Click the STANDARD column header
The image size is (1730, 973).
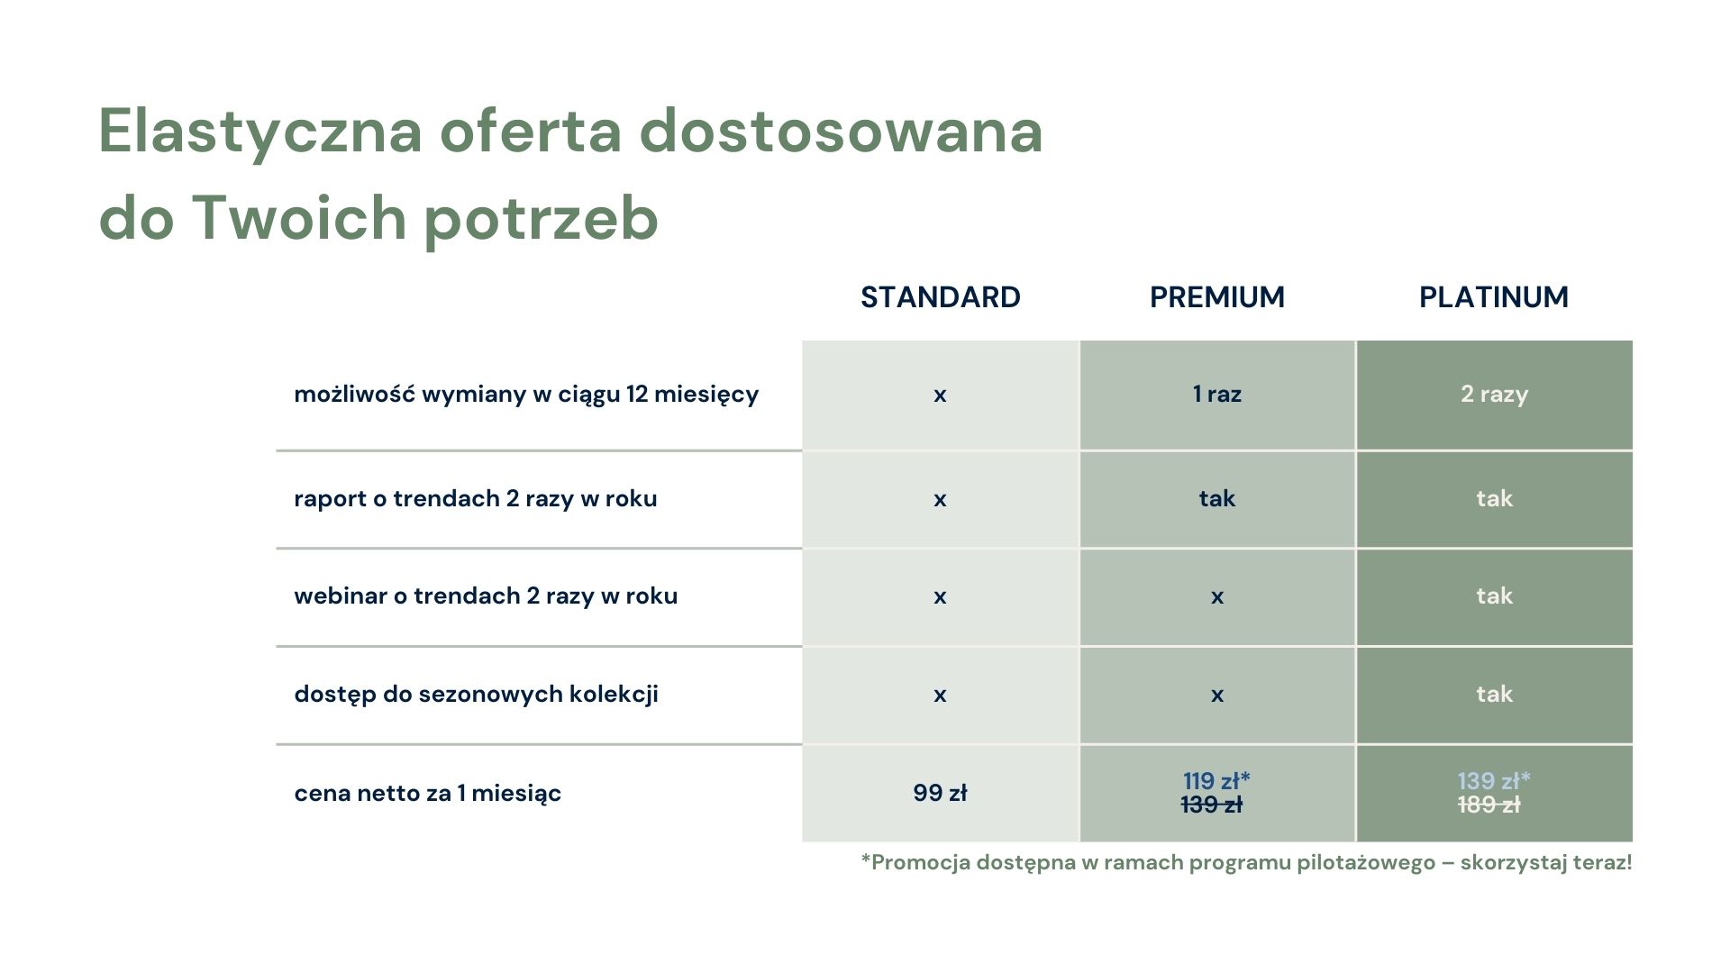[940, 296]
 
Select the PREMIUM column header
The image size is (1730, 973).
[1217, 296]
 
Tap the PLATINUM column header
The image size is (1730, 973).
[1494, 296]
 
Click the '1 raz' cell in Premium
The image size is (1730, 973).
[1217, 394]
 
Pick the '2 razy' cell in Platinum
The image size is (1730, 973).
[1494, 395]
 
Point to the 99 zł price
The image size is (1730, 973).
[940, 793]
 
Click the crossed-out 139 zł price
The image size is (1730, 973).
[1212, 805]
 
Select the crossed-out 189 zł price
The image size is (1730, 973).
[1489, 805]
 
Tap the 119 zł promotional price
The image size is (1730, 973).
[1216, 780]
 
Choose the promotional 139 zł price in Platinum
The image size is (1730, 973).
[1494, 780]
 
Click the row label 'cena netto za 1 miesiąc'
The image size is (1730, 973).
[427, 794]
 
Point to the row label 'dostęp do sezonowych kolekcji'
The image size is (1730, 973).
[476, 695]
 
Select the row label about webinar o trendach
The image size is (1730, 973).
[486, 596]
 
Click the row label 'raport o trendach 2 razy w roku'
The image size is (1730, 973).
[476, 499]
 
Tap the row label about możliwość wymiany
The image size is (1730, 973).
[526, 395]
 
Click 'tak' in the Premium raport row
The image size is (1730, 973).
[1217, 498]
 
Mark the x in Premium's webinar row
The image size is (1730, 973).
[1217, 596]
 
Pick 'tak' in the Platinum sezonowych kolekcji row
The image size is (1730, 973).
[1494, 694]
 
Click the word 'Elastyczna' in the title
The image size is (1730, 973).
[260, 132]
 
